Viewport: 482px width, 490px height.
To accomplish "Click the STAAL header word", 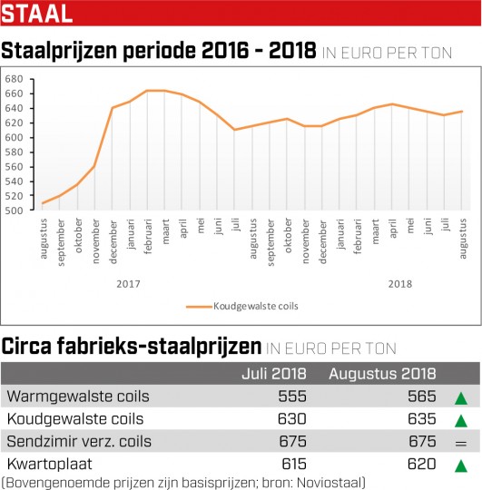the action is [37, 14].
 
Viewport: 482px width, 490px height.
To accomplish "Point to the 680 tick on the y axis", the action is [14, 79].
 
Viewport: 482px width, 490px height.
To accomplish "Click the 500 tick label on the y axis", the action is [14, 211].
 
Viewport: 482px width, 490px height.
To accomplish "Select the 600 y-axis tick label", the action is [14, 138].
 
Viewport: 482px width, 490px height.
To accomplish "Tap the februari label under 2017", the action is [148, 236].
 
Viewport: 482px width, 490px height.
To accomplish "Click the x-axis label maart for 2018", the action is [376, 231].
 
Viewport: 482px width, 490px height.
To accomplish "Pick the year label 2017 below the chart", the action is [128, 284].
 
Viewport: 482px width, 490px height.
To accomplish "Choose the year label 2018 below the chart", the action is [400, 284].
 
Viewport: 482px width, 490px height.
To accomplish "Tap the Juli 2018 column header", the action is [274, 374].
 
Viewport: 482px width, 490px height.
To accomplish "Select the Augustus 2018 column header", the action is [382, 374].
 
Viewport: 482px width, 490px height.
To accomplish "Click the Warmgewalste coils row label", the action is [78, 397].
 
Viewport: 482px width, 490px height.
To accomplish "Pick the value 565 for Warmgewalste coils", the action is [422, 397].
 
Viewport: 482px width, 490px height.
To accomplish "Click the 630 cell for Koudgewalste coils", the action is [292, 418].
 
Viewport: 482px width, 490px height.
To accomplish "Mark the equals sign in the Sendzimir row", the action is [461, 443].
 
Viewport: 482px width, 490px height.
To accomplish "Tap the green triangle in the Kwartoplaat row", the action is [461, 465].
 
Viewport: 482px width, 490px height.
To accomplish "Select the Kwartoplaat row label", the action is [49, 464].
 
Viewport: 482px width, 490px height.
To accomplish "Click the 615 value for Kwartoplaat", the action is [294, 464].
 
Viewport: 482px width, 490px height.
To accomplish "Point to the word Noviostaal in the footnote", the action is [329, 483].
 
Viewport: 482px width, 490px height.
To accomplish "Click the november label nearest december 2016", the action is [96, 241].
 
